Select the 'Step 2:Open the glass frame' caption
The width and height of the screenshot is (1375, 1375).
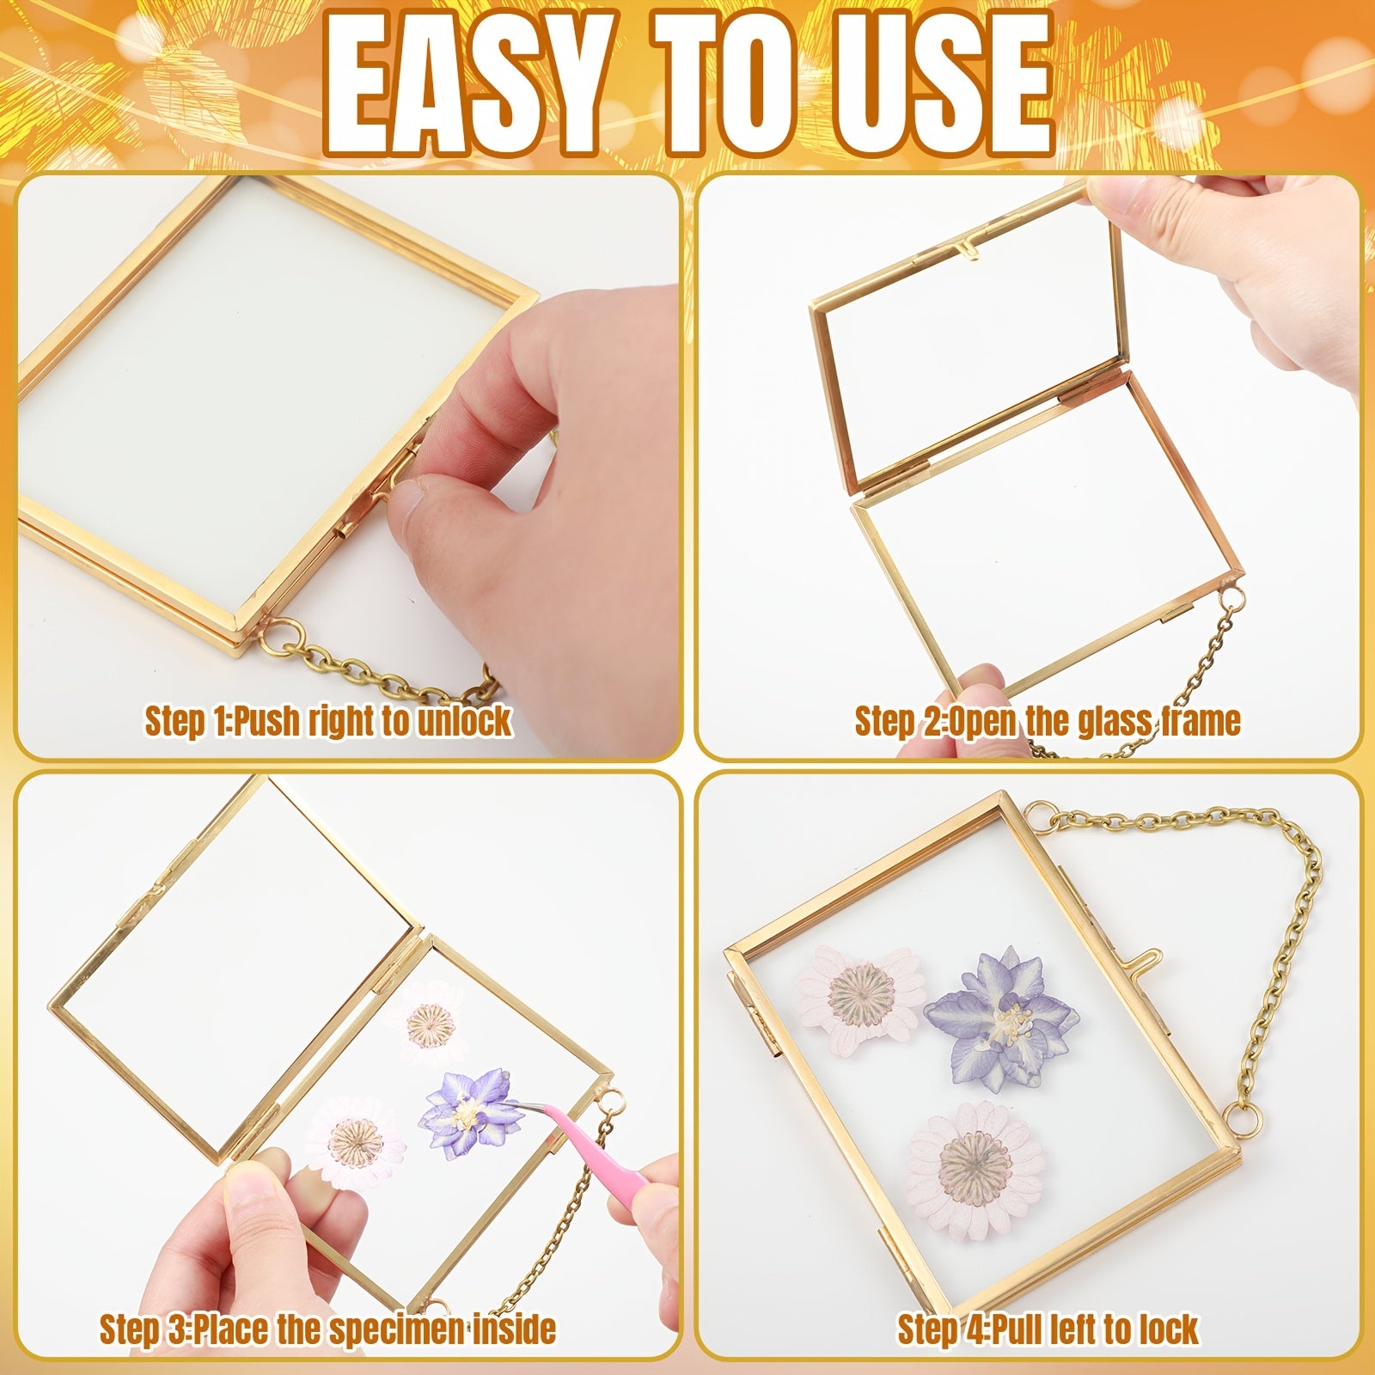point(1048,720)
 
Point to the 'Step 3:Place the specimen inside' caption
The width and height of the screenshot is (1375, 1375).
point(327,1329)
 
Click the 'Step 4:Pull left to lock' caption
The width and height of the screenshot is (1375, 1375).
point(1048,1329)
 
